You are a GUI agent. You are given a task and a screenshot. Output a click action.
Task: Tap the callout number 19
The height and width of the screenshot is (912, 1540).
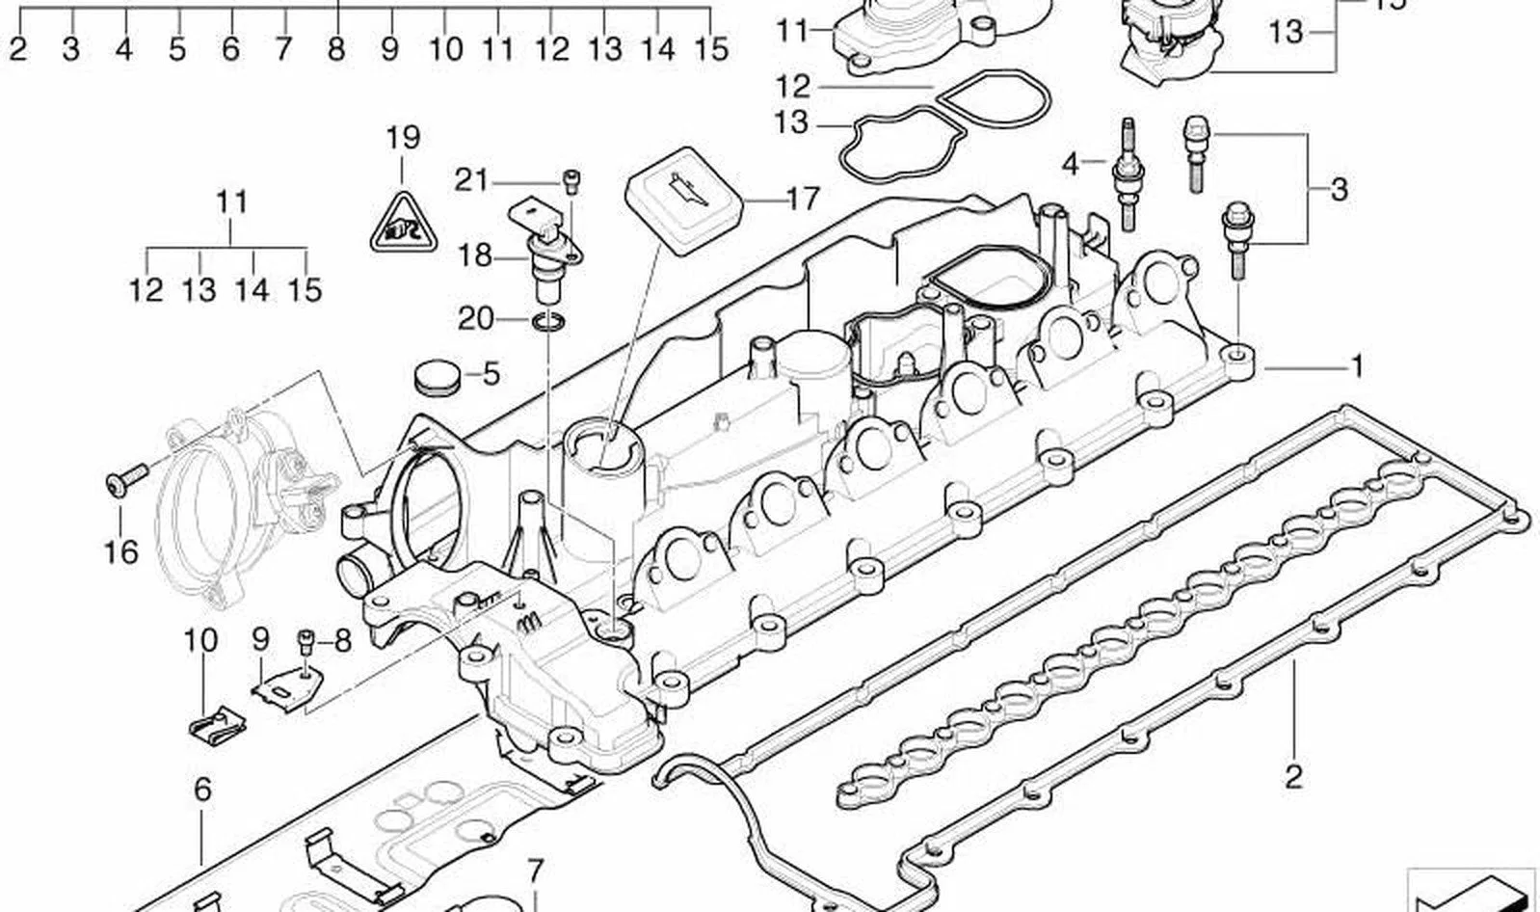[403, 138]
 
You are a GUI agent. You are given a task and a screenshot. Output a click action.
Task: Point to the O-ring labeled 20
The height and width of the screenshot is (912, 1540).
[549, 321]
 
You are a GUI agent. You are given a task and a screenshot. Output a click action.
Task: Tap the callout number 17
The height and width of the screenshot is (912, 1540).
[803, 199]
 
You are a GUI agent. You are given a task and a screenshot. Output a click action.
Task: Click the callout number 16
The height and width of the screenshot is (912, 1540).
[121, 551]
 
